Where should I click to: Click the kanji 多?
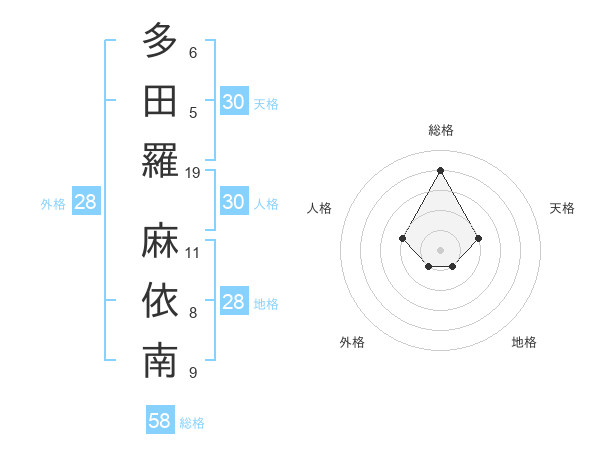pos(160,41)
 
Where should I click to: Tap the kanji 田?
pos(160,100)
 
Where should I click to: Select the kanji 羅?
pos(160,160)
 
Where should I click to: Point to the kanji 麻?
pos(160,240)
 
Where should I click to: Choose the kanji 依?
pos(160,301)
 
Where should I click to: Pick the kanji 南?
pos(160,361)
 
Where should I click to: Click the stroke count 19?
pos(193,173)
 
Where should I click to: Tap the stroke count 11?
pos(193,252)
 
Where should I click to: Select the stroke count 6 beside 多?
pos(193,52)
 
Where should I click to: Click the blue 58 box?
pos(160,421)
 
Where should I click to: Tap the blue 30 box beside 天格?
pos(233,101)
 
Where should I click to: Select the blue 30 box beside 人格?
pos(233,202)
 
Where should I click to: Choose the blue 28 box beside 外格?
pos(86,202)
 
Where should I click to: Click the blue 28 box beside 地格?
pos(233,302)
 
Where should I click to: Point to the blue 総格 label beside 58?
pos(192,423)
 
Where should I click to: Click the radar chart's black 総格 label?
pos(441,130)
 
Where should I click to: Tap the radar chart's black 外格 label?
pos(352,342)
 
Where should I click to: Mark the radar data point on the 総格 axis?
pos(441,170)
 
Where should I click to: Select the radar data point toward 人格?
pos(403,238)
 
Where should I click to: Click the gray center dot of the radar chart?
pos(441,250)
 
